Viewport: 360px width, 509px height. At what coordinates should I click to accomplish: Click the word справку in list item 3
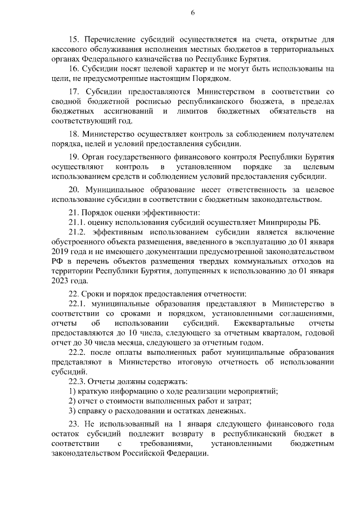pyautogui.click(x=94, y=410)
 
